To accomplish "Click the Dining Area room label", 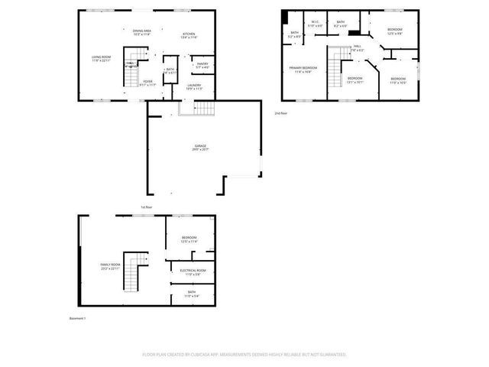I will click(141, 33).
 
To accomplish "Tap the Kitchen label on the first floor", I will click(189, 35).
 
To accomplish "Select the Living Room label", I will click(102, 59).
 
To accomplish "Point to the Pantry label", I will click(202, 66).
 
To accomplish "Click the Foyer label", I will click(149, 83).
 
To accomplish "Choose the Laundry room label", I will click(194, 86).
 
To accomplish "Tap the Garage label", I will click(200, 148).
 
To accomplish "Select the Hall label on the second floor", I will click(357, 49).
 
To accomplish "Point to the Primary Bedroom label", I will click(303, 70).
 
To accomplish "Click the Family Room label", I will click(111, 266).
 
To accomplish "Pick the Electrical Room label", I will click(193, 272).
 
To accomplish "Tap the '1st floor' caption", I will click(146, 207).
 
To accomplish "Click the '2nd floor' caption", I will click(281, 113).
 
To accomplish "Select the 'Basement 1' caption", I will click(77, 318).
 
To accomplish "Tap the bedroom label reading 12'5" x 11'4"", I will click(189, 239).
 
